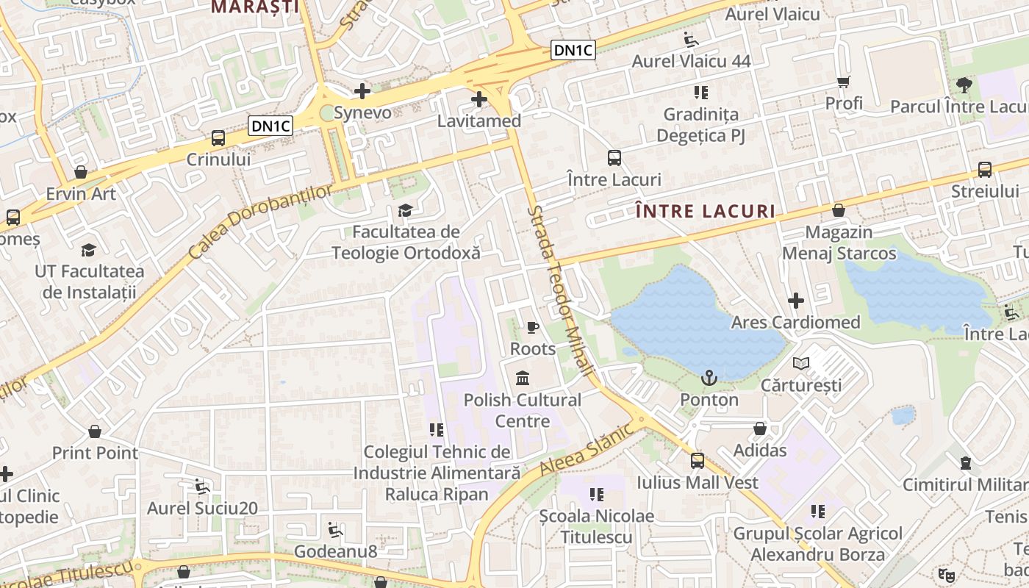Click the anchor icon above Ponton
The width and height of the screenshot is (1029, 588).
pos(709,378)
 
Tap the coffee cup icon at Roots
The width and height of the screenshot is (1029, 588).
pos(533,327)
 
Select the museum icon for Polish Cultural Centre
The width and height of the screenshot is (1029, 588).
pos(523,379)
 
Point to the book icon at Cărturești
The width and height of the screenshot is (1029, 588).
pos(801,363)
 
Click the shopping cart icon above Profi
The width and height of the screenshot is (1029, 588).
pos(843,82)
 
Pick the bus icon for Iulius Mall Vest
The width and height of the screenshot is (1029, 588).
pos(697,461)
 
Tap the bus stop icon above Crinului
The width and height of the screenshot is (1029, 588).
pos(218,137)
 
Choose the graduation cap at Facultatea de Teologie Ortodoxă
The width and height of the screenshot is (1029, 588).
pos(405,211)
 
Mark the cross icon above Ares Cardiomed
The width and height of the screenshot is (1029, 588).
pos(795,301)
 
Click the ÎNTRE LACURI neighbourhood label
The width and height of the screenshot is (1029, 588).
pos(705,212)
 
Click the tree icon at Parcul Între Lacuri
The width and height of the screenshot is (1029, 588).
pos(964,85)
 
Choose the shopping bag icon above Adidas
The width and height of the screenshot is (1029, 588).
pos(760,429)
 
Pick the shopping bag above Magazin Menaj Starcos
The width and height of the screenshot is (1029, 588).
pos(839,211)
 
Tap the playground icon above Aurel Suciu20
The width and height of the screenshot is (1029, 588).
pos(201,486)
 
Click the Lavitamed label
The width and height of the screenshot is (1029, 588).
pos(479,121)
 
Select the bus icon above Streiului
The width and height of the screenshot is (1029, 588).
pos(985,170)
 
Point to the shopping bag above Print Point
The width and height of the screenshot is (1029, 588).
pos(95,431)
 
